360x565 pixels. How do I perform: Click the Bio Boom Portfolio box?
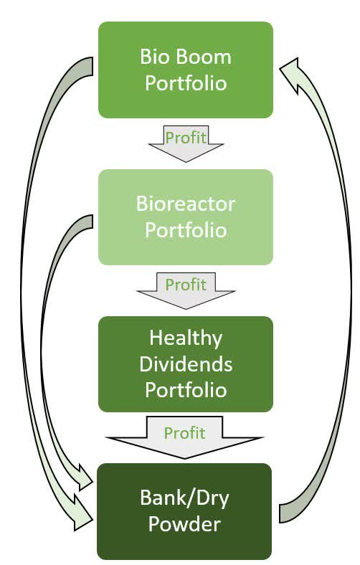[185, 70]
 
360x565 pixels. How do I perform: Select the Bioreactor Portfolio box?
[185, 217]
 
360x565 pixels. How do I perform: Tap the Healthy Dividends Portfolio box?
[185, 364]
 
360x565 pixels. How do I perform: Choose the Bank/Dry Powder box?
[185, 511]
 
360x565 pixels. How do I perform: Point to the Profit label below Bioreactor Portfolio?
[186, 285]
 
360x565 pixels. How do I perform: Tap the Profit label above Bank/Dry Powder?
[184, 433]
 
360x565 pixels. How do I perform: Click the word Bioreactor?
[186, 204]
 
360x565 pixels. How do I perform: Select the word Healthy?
[186, 337]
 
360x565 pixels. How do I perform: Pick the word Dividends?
[186, 364]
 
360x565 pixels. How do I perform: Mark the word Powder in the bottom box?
[186, 524]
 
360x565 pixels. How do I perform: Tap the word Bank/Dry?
[186, 497]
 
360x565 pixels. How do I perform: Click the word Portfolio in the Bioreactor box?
[186, 230]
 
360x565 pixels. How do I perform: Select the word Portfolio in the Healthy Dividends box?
[186, 390]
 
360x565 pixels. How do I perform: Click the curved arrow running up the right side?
[343, 287]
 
